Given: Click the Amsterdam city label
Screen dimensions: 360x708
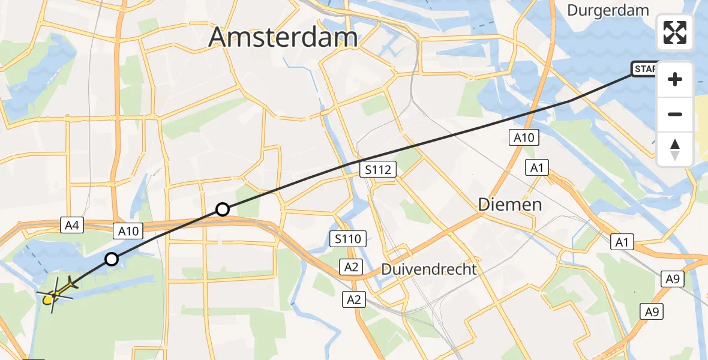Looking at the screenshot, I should [283, 38].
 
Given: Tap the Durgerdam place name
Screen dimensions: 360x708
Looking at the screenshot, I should [608, 10].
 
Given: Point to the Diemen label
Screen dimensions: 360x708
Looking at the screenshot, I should [510, 204].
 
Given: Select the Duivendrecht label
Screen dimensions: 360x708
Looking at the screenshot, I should [429, 269].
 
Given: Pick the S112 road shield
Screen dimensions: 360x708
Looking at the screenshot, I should [378, 170].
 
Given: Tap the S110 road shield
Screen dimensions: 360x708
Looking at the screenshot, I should [348, 239].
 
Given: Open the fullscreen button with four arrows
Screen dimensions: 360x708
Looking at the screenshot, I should [675, 32].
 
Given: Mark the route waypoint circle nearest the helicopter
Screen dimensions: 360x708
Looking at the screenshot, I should [112, 259].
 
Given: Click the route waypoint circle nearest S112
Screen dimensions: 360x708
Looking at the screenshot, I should [223, 209].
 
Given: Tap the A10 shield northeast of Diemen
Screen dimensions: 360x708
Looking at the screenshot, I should [524, 138].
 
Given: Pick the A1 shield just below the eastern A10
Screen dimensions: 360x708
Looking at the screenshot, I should [537, 167].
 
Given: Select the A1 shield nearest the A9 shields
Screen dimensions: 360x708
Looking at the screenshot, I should [622, 242].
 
